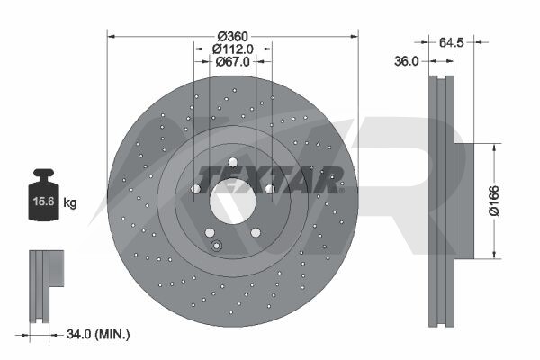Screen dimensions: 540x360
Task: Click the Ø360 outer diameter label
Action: pos(233,36)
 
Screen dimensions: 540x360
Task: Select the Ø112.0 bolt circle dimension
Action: pos(233,49)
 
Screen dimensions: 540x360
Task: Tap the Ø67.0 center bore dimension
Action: pos(233,62)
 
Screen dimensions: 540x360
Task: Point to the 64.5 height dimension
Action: pos(452,42)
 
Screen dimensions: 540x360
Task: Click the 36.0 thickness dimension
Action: pos(407,61)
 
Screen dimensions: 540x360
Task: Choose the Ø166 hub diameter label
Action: pos(494,201)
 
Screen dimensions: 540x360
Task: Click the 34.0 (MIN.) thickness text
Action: pos(98,334)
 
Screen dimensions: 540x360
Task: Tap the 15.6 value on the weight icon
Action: pos(44,202)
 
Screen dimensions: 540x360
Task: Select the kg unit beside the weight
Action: pos(70,202)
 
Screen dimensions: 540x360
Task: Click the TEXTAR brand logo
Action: pos(271,180)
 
